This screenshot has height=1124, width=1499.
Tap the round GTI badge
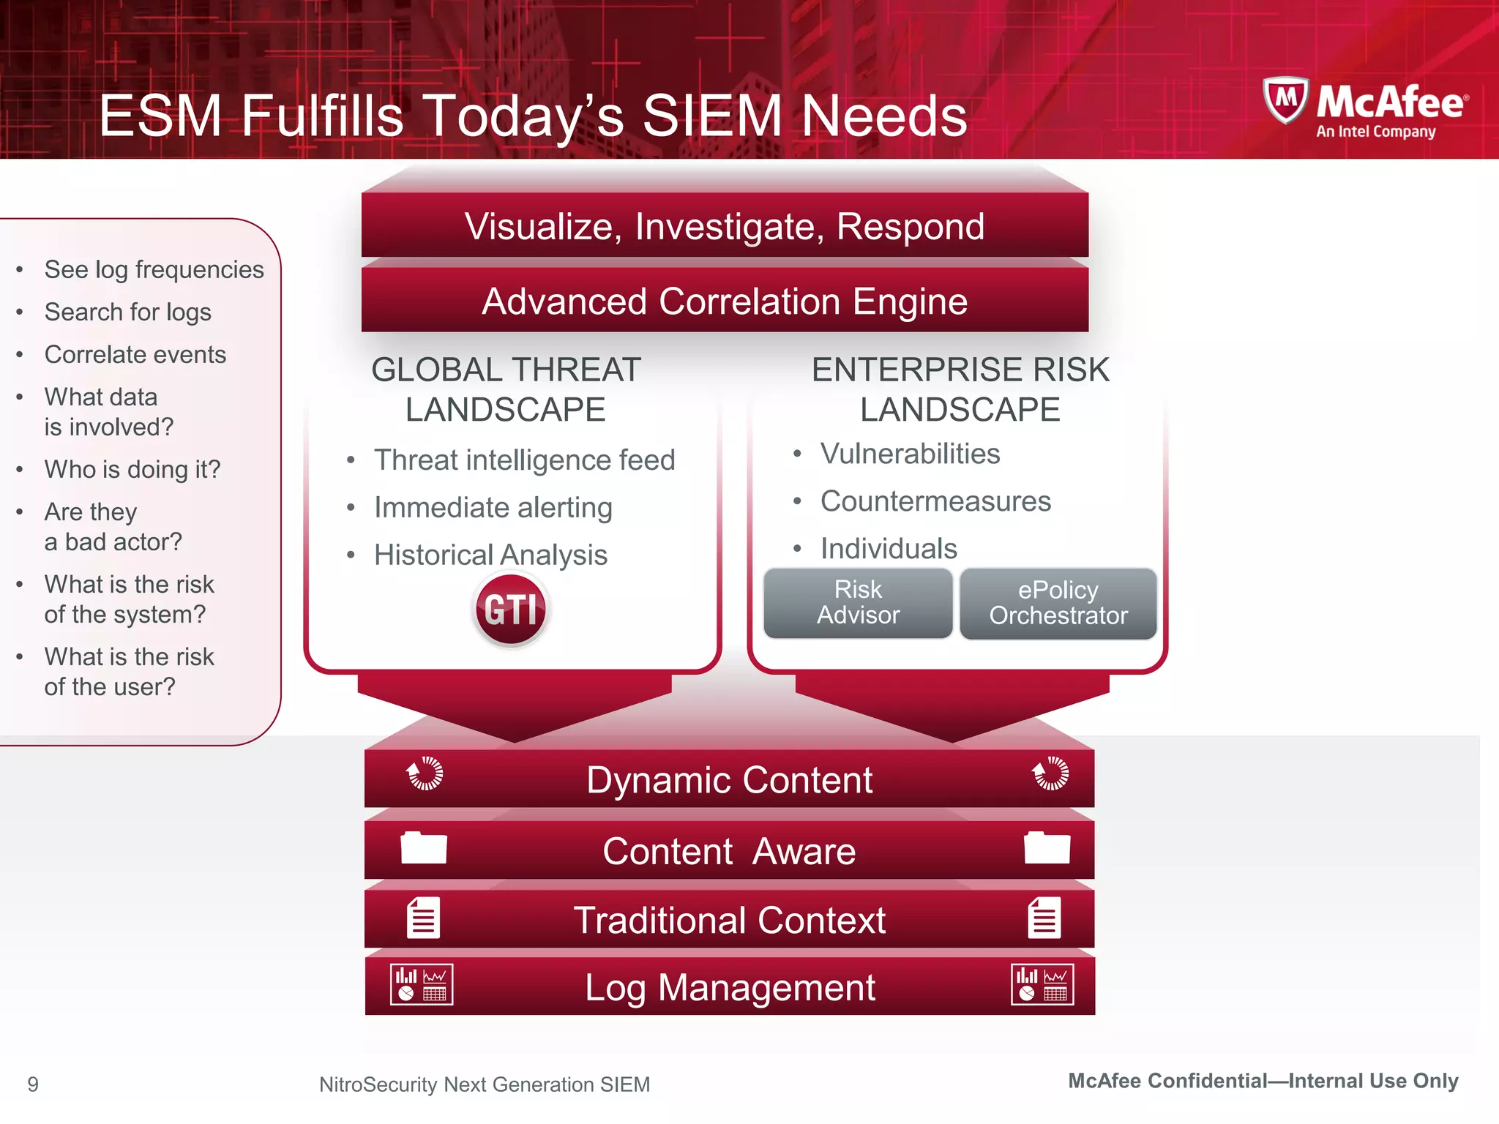click(510, 609)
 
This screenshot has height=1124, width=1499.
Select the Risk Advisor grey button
click(858, 603)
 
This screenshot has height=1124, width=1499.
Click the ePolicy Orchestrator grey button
click(1058, 603)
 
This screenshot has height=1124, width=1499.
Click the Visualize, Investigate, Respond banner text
click(725, 226)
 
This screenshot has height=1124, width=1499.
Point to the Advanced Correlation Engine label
click(725, 301)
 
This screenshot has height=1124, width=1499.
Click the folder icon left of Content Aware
click(423, 849)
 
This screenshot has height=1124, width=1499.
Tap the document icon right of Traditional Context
click(1044, 918)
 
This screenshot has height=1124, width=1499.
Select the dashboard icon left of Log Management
click(422, 984)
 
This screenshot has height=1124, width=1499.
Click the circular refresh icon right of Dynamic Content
click(1050, 773)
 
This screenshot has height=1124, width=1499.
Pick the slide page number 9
click(33, 1084)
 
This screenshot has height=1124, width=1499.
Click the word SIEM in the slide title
click(711, 116)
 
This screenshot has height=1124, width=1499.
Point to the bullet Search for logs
click(128, 312)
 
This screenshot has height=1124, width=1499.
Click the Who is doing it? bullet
click(132, 469)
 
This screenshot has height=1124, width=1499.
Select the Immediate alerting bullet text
click(493, 508)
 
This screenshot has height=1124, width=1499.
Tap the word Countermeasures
click(935, 501)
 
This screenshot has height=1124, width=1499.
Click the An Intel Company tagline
click(1375, 132)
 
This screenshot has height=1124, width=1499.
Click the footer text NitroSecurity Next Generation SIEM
click(485, 1084)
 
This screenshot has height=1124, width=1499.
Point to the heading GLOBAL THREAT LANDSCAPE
click(506, 389)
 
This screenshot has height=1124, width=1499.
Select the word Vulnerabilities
click(910, 454)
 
